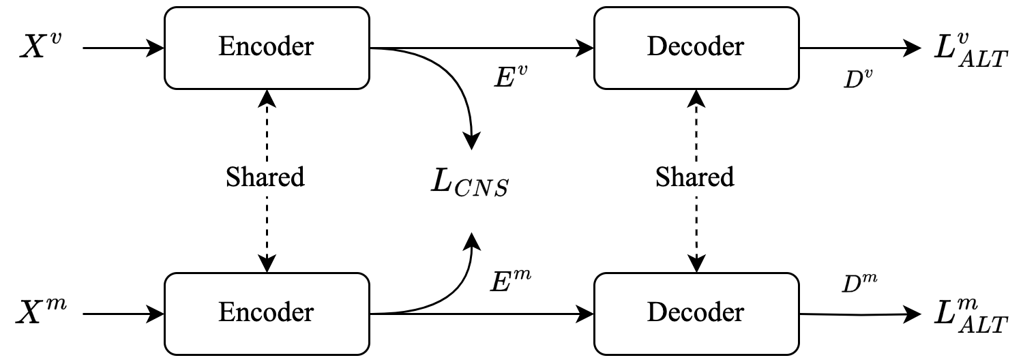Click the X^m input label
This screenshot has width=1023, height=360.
click(42, 314)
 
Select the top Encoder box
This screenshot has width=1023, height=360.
click(266, 48)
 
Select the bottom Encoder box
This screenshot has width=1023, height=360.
click(266, 313)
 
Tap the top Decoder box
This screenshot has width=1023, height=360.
click(696, 48)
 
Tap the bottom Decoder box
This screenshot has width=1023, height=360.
click(696, 313)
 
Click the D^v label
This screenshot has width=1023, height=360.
click(858, 79)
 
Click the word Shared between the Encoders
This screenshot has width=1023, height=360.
click(265, 177)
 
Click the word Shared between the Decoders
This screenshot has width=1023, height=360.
click(695, 177)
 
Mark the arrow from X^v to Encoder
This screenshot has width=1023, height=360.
click(123, 48)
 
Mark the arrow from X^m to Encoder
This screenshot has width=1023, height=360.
click(123, 314)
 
